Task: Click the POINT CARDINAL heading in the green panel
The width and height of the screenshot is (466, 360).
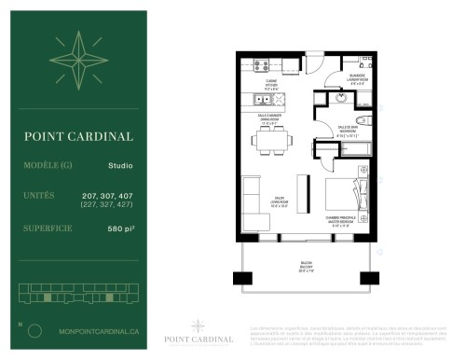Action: pyautogui.click(x=79, y=136)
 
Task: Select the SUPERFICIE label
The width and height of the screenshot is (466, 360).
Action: pyautogui.click(x=53, y=228)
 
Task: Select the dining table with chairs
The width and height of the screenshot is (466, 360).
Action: pyautogui.click(x=268, y=142)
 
